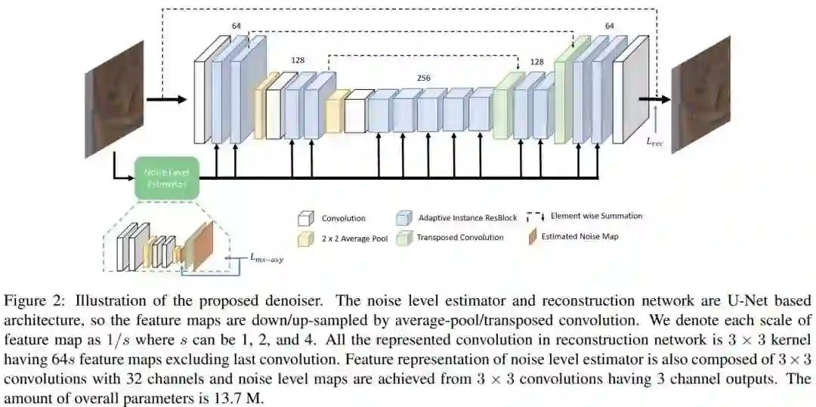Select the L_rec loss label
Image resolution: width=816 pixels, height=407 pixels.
point(655,141)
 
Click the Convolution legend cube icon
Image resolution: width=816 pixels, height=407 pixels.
point(304,218)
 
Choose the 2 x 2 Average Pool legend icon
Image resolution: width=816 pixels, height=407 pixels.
point(304,238)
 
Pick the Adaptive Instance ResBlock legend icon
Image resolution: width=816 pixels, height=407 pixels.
point(403,218)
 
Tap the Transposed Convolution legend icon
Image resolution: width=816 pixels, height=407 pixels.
point(403,238)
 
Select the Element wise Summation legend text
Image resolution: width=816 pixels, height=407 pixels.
point(596,216)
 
